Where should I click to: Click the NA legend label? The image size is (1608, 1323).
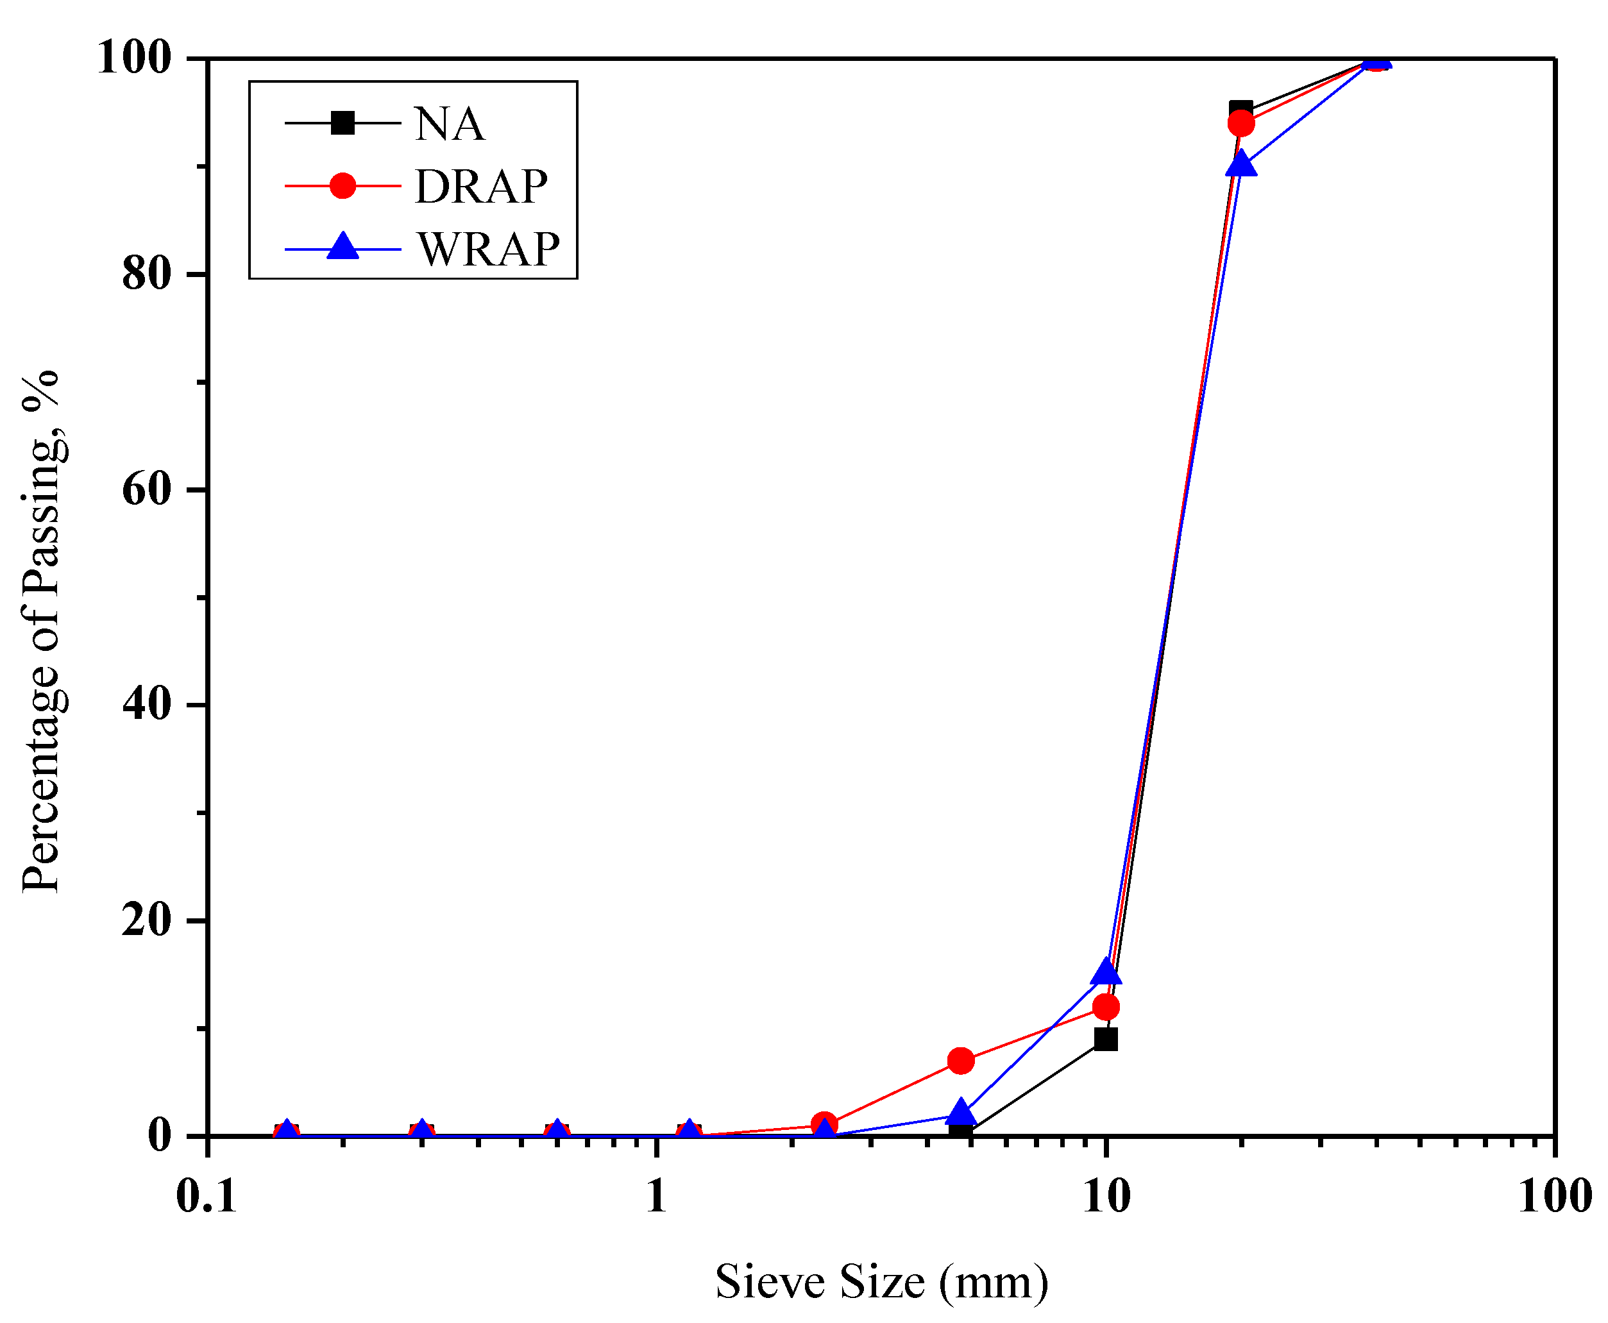click(x=448, y=124)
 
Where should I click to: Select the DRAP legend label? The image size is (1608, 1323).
click(x=480, y=186)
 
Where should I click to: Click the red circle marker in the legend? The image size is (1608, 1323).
click(x=343, y=185)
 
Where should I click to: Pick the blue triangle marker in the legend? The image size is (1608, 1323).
click(x=343, y=246)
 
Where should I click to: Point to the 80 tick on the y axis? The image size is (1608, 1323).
click(x=146, y=274)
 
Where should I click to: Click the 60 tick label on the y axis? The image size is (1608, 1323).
click(x=146, y=489)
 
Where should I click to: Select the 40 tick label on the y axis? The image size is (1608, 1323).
click(x=146, y=704)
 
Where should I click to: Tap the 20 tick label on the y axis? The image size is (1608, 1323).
click(x=146, y=920)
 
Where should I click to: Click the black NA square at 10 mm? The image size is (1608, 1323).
click(x=1106, y=1039)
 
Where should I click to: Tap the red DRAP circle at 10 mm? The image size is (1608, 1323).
click(x=1106, y=1007)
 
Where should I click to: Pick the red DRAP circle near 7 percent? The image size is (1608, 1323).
click(x=961, y=1060)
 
